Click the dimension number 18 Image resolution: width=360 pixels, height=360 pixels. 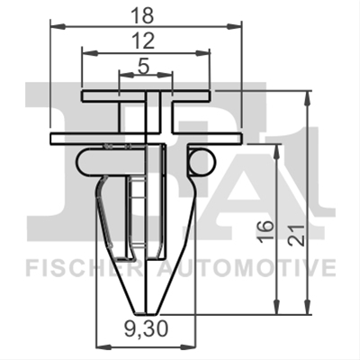144,16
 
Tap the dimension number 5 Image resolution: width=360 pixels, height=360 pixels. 144,67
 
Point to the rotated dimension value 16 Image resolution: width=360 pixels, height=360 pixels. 266,229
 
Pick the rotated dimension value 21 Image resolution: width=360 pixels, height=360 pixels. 297,235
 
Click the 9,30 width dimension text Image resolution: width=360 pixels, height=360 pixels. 146,328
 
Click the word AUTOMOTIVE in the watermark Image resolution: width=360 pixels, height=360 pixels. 247,268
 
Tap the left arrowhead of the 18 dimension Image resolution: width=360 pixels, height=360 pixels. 58,27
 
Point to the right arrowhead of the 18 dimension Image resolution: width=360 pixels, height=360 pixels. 234,27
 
